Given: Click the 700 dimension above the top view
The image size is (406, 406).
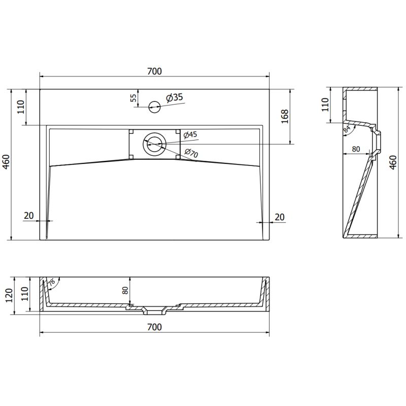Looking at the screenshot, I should coord(155,72).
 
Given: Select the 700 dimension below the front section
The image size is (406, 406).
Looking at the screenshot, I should coord(155,327).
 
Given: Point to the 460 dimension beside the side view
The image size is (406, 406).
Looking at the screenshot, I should coord(392,162).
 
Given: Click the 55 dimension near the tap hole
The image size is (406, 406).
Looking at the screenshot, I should coord(133,98).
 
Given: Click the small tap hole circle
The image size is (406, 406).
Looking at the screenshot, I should coord(154,106).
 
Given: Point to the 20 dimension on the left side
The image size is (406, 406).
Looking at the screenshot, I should coord(28,216).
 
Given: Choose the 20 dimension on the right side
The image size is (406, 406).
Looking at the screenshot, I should coord(279,217).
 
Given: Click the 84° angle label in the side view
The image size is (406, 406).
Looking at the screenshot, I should coord(347,130).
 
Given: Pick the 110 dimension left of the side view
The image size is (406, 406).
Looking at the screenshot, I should coord(325,104).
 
